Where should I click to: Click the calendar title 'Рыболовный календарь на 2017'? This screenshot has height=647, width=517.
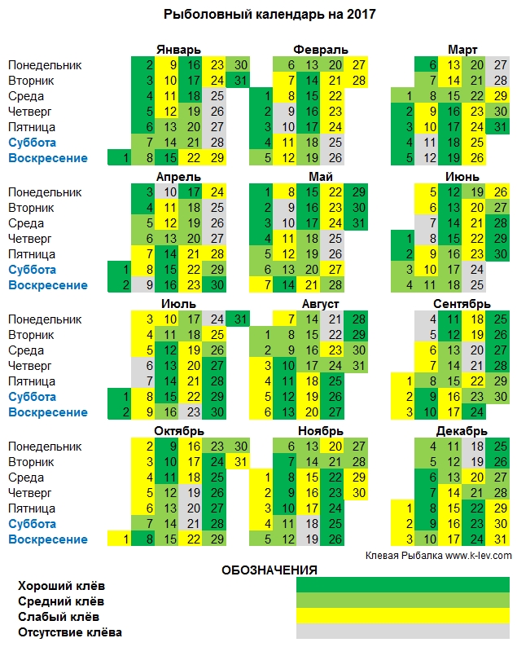coord(258,14)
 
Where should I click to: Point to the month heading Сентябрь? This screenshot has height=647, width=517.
coord(462,303)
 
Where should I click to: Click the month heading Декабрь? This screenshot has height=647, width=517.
coord(462,430)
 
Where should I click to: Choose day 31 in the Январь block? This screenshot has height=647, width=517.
coord(239,80)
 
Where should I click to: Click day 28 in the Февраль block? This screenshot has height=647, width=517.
coord(359,80)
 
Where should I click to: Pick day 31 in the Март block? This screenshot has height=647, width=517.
coord(500,126)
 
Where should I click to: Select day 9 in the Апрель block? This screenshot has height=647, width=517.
coord(148,285)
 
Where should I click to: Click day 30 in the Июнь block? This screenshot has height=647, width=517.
coord(500,254)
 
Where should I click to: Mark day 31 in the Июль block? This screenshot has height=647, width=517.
coord(239,319)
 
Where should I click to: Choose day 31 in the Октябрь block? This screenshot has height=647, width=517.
coord(239,462)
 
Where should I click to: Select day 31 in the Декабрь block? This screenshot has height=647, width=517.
coord(500,539)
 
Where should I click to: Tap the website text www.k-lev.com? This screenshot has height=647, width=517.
coord(478,555)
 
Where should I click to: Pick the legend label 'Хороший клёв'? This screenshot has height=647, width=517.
coord(62,586)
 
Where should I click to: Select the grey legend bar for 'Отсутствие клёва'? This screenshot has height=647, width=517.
coord(402,632)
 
